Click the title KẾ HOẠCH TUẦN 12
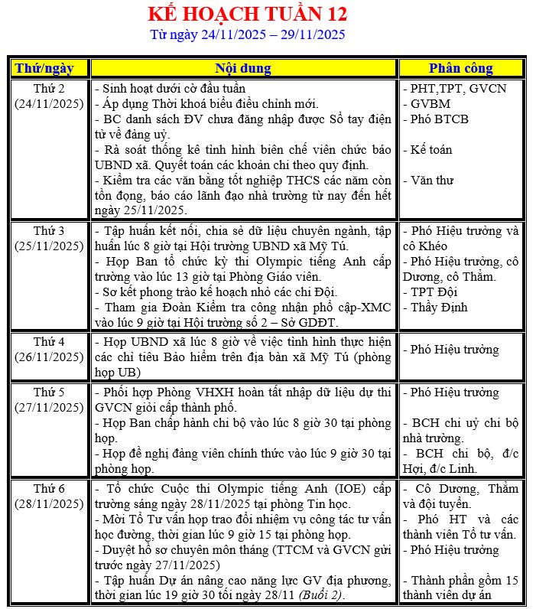click(247, 14)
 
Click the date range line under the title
click(247, 34)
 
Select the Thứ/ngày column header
click(49, 68)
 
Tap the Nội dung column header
click(243, 68)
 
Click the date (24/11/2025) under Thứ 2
click(49, 103)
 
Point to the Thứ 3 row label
click(49, 230)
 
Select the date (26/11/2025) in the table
click(49, 357)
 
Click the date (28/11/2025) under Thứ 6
click(49, 503)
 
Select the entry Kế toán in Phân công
click(431, 150)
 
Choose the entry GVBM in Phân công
click(430, 103)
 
